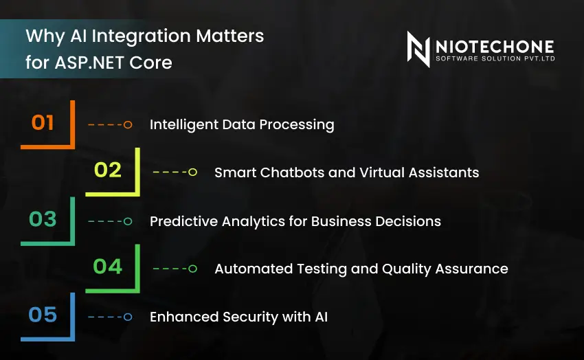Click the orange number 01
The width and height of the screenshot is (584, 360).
(43, 123)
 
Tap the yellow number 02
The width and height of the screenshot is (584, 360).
(108, 170)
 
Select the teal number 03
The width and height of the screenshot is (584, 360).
(43, 219)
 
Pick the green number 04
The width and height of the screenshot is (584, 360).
(108, 266)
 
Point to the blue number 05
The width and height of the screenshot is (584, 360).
(43, 315)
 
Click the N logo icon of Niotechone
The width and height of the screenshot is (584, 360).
(418, 49)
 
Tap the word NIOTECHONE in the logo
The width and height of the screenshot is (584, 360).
(495, 46)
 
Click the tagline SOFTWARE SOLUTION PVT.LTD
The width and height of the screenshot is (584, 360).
(495, 60)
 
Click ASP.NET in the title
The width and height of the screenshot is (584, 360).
(80, 63)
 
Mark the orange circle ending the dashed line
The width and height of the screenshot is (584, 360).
(127, 125)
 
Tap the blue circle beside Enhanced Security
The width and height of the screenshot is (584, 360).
(127, 317)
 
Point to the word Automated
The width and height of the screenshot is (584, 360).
(249, 269)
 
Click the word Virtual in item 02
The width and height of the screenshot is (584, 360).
(392, 172)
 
